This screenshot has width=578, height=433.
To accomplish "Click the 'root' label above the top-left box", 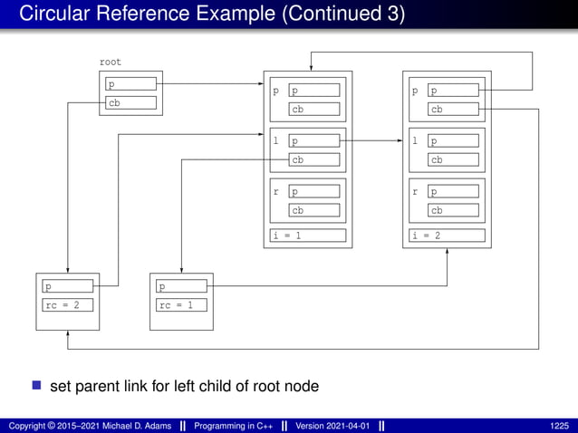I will coord(110,63).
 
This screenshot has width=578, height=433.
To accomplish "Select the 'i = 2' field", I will coord(448,236).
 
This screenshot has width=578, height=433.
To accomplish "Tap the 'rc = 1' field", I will coord(180,304).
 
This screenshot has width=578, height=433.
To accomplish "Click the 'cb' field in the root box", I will coord(130,102).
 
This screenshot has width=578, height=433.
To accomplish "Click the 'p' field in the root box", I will coord(130,84).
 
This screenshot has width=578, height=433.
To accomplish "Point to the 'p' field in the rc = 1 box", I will coord(180,286).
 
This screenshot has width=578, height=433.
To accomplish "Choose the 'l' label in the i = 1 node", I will coord(276,141).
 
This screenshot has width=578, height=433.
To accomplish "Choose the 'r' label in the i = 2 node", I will coord(415,192).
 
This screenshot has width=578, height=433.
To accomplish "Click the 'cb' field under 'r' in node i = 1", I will coord(314,210).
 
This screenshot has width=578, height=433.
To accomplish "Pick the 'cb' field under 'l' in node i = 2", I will coord(454,159).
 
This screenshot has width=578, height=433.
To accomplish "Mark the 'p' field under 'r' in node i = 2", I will coord(454,192).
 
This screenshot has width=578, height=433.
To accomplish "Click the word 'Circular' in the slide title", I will coord(55,14).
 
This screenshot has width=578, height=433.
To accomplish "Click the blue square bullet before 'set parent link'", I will coord(37,385).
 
